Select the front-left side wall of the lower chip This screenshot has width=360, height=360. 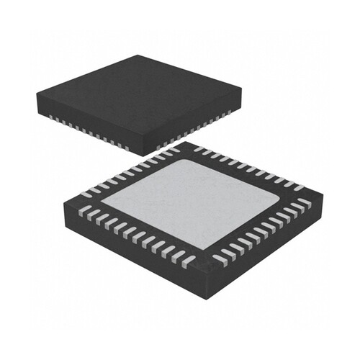(x=130, y=248)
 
